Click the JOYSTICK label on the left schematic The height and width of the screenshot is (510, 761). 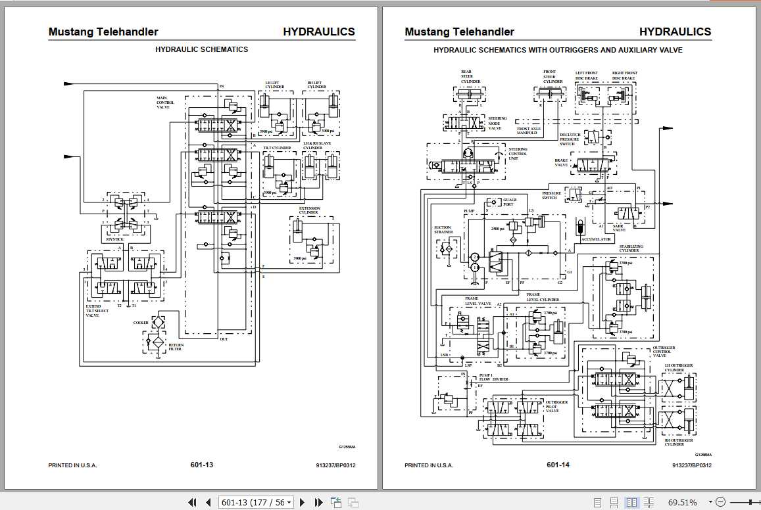[114, 240]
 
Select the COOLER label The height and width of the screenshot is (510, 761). [141, 323]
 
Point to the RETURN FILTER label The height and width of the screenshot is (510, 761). [176, 347]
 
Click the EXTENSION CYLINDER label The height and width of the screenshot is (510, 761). [309, 210]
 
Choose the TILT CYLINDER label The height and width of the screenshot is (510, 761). [277, 149]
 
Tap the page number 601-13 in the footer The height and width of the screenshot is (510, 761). [201, 465]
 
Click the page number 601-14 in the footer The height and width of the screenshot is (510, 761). [558, 465]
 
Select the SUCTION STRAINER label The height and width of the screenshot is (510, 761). [443, 231]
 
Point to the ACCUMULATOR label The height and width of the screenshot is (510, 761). [596, 239]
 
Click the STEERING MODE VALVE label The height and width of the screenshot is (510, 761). [497, 123]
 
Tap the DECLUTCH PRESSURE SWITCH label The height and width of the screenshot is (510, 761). [570, 139]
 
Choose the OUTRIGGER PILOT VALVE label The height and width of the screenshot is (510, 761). [556, 406]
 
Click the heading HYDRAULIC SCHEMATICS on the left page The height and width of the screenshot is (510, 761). [201, 49]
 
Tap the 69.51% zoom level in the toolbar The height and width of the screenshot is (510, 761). [683, 502]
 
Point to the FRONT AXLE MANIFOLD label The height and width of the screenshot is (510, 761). [528, 131]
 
